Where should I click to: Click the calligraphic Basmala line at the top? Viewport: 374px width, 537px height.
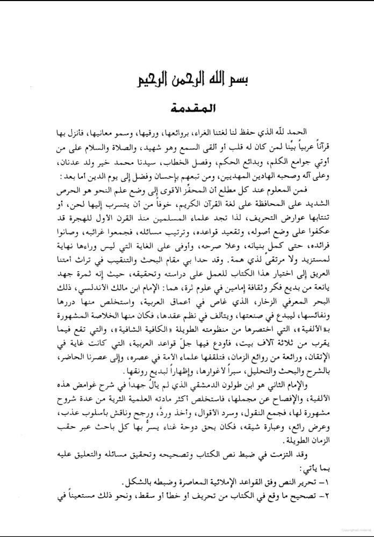tap(187, 83)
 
